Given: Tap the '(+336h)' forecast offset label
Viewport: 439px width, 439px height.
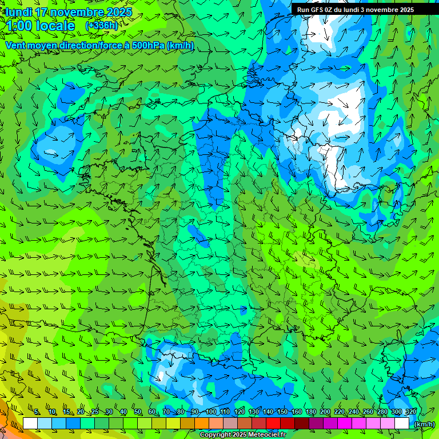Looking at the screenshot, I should (102, 26).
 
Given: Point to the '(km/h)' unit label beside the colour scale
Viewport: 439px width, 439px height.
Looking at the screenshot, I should (424, 424).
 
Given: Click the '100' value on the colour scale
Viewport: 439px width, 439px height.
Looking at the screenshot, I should (211, 412).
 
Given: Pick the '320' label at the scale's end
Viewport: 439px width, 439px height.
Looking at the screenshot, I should (410, 412).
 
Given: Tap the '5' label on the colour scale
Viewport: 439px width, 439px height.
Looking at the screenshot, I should (37, 412).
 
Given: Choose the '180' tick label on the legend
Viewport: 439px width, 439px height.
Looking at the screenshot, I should (310, 412).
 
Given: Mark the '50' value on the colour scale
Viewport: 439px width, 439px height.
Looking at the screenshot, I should (138, 412).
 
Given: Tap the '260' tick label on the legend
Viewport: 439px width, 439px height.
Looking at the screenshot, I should (368, 412).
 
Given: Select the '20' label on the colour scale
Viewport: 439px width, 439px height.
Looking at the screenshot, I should (81, 412).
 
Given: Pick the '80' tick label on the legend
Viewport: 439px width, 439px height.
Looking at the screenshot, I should (181, 412).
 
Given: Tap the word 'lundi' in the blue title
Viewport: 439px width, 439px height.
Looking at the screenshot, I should (19, 13).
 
